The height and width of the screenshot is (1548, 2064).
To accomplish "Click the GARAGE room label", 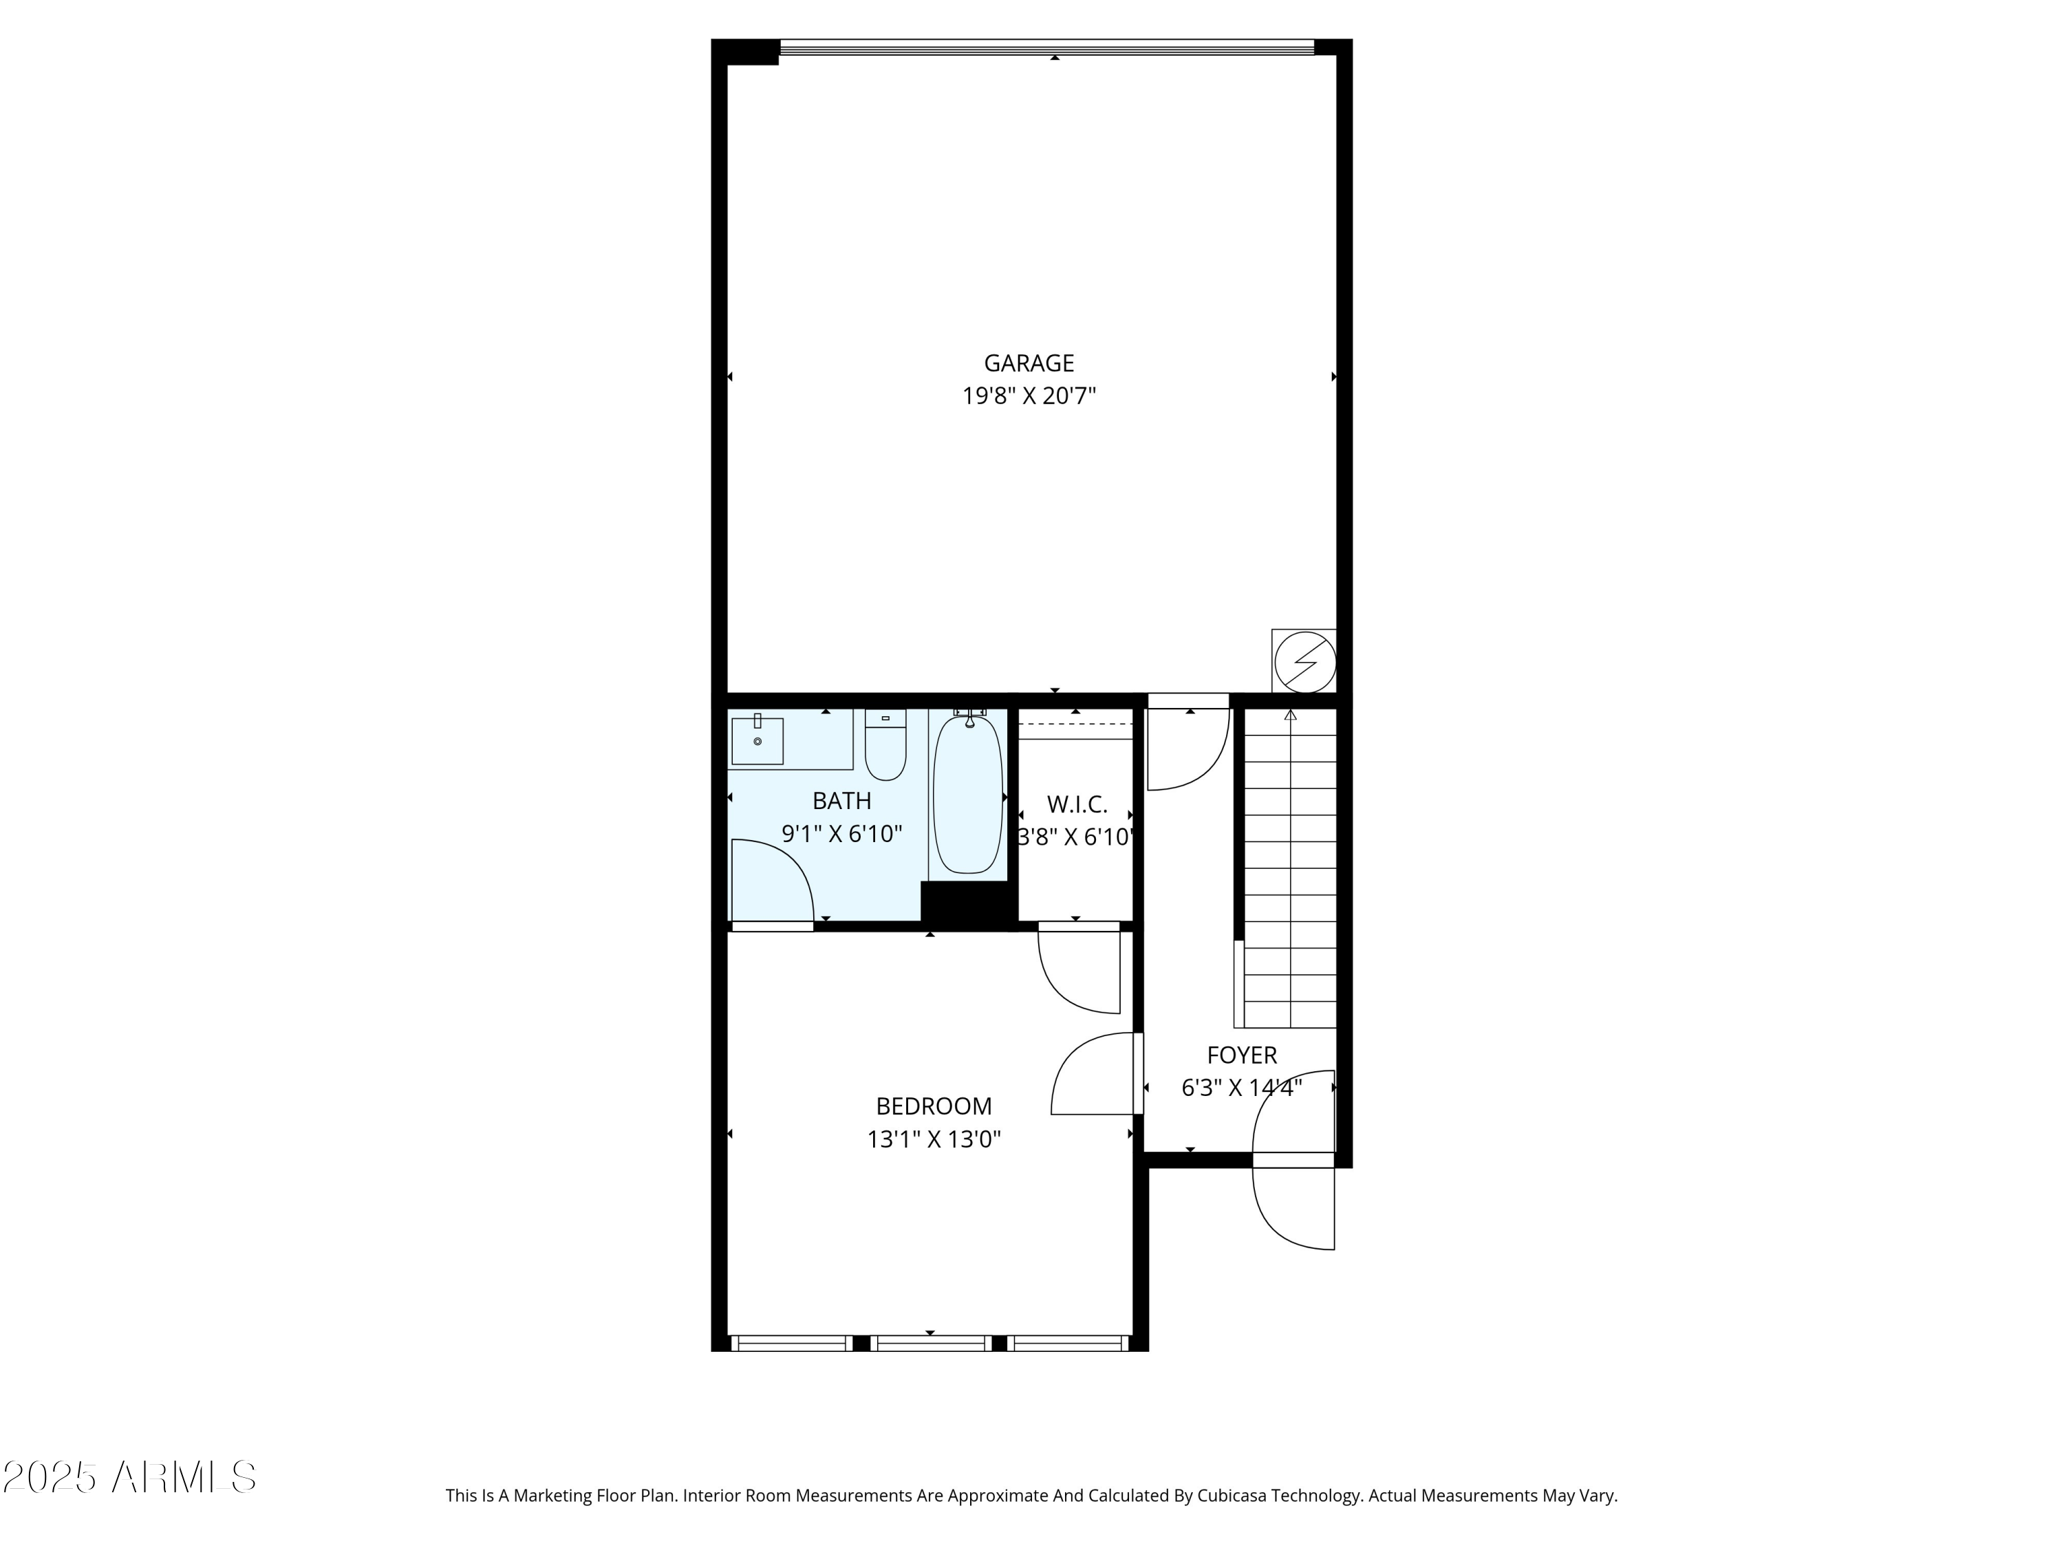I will coord(1029,363).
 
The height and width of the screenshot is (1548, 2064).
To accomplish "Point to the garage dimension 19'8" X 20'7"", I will coord(1029,396).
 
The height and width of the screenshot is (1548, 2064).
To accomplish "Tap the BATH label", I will coord(841,801).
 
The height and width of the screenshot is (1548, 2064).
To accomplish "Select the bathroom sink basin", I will coord(757,741).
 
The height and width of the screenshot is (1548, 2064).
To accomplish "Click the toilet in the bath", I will coord(885,746).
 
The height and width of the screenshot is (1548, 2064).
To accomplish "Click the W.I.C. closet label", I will coord(1076,804).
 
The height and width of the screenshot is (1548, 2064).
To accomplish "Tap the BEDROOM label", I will coord(933,1106).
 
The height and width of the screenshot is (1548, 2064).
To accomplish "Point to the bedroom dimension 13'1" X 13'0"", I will coord(933,1139).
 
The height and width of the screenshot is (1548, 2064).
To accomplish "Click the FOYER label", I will coord(1241,1055).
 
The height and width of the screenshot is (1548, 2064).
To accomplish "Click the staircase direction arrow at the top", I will coord(1291,716).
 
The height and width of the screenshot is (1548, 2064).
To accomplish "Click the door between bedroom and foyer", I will coord(1094,1073).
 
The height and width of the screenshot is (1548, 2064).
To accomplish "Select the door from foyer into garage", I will coord(1187,751).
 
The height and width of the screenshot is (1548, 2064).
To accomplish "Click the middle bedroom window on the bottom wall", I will coord(930,1344).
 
